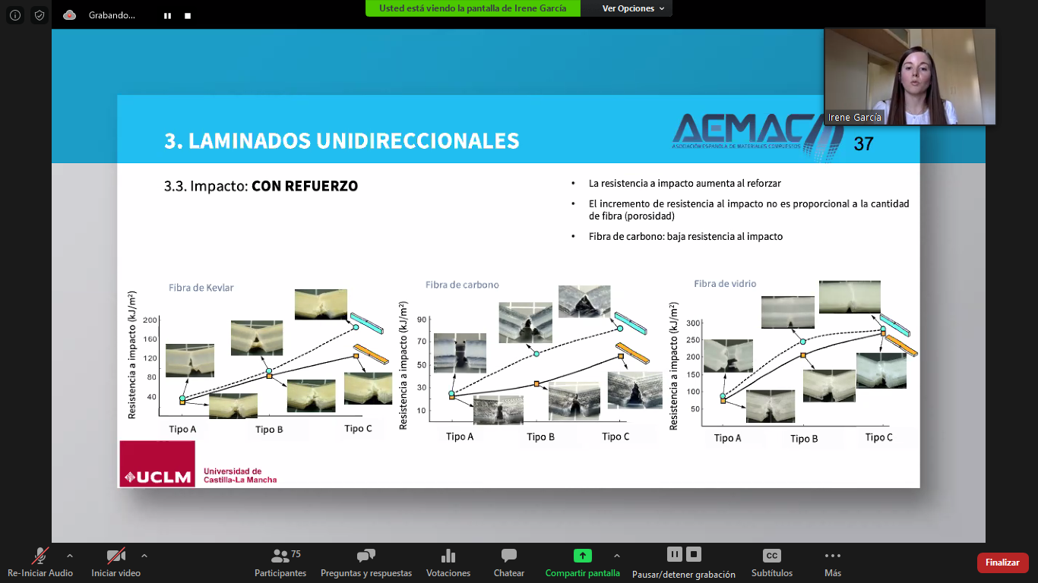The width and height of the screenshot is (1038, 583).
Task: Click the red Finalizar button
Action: pyautogui.click(x=1002, y=563)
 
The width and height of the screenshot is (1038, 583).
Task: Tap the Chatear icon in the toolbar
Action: pyautogui.click(x=509, y=555)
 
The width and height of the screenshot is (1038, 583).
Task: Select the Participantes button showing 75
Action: pyautogui.click(x=280, y=563)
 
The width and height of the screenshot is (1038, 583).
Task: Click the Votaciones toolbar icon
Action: pyautogui.click(x=448, y=555)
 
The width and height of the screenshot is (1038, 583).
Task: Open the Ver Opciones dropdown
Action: pyautogui.click(x=633, y=8)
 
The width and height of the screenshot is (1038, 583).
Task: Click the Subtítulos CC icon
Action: pyautogui.click(x=771, y=555)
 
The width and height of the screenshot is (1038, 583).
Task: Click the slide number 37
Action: pyautogui.click(x=863, y=144)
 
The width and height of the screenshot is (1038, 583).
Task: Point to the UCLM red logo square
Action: pyautogui.click(x=157, y=464)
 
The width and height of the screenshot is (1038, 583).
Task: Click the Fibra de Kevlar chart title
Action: pyautogui.click(x=201, y=288)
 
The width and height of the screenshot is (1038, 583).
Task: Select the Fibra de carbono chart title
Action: pyautogui.click(x=462, y=285)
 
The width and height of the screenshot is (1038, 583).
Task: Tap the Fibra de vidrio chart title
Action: pyautogui.click(x=725, y=283)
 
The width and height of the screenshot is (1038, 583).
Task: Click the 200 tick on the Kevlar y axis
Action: pyautogui.click(x=150, y=320)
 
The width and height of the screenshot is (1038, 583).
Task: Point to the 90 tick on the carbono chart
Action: pyautogui.click(x=422, y=320)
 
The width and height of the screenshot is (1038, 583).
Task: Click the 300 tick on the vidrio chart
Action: pyautogui.click(x=693, y=323)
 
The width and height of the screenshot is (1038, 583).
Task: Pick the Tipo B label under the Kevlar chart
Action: pyautogui.click(x=269, y=429)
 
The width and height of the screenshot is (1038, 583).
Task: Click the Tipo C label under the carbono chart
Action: pyautogui.click(x=616, y=436)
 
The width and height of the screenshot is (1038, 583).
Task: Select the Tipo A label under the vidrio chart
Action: pyautogui.click(x=727, y=437)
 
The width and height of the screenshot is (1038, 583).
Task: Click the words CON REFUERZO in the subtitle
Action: pyautogui.click(x=305, y=186)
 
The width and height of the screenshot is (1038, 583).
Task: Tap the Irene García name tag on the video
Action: pyautogui.click(x=855, y=118)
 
